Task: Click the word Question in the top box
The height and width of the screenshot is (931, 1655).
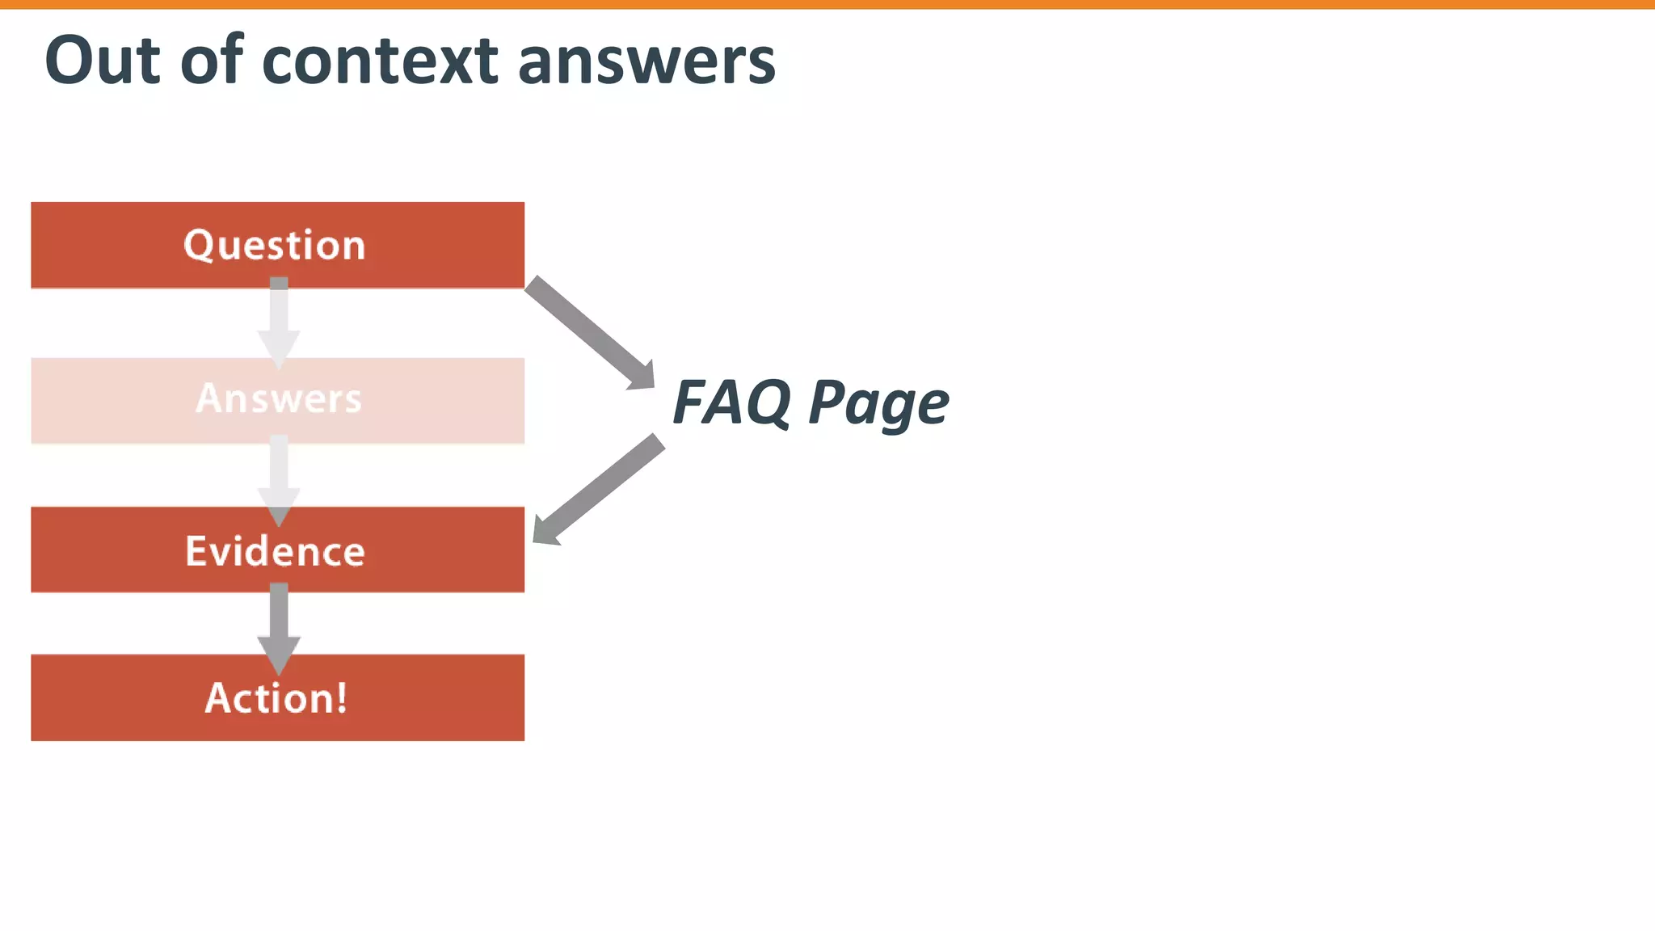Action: click(x=275, y=245)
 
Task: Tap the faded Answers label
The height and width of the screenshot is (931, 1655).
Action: click(x=279, y=398)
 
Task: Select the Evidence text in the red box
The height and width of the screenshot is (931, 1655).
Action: click(x=275, y=551)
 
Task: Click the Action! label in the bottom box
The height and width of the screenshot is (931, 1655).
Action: click(x=276, y=698)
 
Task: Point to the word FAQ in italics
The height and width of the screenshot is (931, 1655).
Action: click(x=732, y=402)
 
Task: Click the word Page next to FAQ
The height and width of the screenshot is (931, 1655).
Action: click(x=878, y=404)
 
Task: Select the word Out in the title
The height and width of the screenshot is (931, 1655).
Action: click(x=103, y=61)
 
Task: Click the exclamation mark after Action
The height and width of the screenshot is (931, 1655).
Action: click(x=341, y=697)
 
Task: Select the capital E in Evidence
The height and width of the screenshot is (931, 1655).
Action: click(x=196, y=551)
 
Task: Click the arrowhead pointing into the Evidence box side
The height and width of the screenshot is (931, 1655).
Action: click(x=545, y=531)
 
